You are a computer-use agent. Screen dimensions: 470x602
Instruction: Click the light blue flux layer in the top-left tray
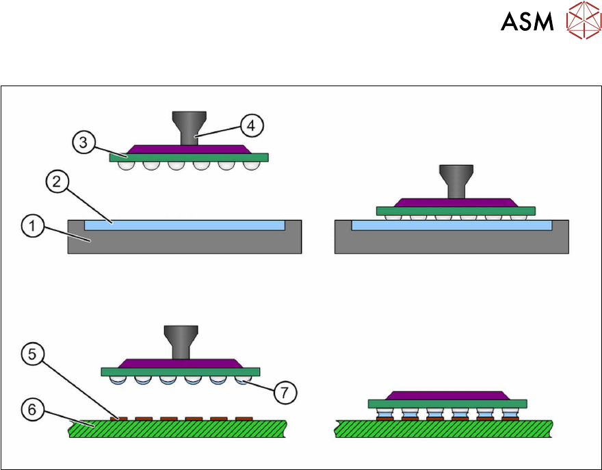click(185, 225)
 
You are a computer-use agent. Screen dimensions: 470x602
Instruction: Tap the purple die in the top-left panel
click(189, 148)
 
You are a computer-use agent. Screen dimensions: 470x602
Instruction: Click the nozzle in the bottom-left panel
click(180, 341)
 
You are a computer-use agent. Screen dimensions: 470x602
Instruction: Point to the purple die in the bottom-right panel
click(447, 395)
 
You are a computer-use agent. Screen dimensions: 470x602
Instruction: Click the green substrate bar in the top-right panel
click(456, 211)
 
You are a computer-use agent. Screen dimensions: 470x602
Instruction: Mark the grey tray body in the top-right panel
click(451, 243)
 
